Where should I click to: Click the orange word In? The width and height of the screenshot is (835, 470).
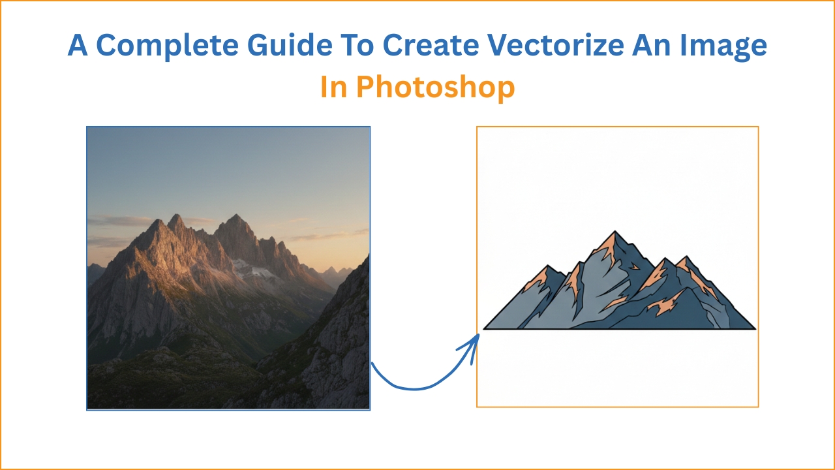[x=334, y=87]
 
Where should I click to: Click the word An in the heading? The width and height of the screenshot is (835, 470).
[x=658, y=45]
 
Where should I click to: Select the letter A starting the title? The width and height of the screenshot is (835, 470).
[x=78, y=45]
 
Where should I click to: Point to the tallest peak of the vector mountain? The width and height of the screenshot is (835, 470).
[x=614, y=232]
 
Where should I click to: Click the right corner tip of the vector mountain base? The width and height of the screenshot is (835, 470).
[x=755, y=328]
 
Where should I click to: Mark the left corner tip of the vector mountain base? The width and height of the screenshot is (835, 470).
[x=485, y=328]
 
